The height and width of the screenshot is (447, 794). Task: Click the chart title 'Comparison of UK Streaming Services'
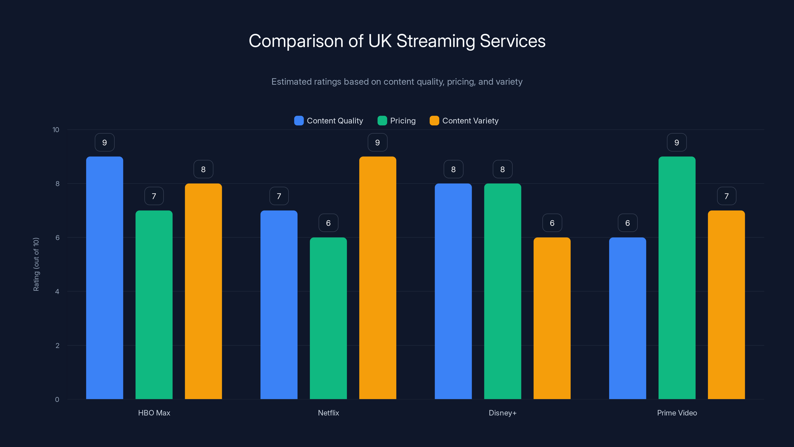pos(397,41)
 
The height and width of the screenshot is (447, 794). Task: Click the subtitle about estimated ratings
pos(397,82)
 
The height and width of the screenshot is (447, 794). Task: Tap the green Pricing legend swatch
pos(382,121)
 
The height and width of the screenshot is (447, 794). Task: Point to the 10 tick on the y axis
pos(56,130)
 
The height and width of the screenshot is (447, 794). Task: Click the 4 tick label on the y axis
pos(57,292)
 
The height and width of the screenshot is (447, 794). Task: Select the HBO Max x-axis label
pos(154,413)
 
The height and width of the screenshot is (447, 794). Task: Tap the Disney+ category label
pos(502,413)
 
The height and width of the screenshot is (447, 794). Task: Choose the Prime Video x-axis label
pos(677,413)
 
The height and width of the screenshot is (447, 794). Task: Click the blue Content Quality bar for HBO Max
pos(104,278)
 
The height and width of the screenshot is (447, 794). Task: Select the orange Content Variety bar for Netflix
pos(378,278)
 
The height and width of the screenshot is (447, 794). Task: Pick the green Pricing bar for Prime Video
pos(677,278)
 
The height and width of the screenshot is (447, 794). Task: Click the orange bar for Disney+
pos(552,318)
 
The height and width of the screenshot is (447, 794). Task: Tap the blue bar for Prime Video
pos(628,318)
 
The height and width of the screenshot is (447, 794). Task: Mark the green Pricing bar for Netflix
pos(328,318)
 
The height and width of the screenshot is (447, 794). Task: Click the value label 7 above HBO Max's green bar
pos(154,196)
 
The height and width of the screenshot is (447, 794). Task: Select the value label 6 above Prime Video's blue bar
pos(628,223)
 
